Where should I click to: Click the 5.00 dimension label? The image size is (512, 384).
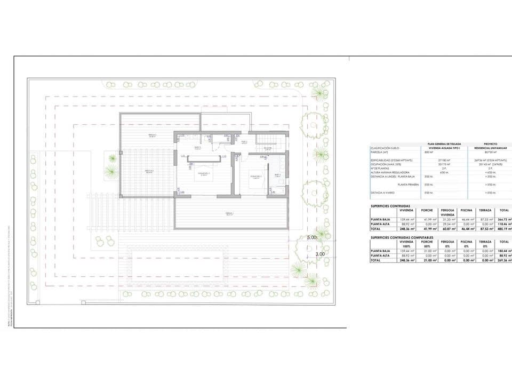(311, 237)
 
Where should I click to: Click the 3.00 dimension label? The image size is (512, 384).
(320, 254)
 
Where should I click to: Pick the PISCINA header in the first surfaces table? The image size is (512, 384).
(467, 210)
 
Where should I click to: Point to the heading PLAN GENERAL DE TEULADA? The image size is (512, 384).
(444, 143)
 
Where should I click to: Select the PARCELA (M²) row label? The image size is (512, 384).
(380, 152)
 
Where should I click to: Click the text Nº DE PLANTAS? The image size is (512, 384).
(383, 168)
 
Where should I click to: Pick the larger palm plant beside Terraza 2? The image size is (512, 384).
(111, 172)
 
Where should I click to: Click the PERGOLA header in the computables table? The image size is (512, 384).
(447, 242)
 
